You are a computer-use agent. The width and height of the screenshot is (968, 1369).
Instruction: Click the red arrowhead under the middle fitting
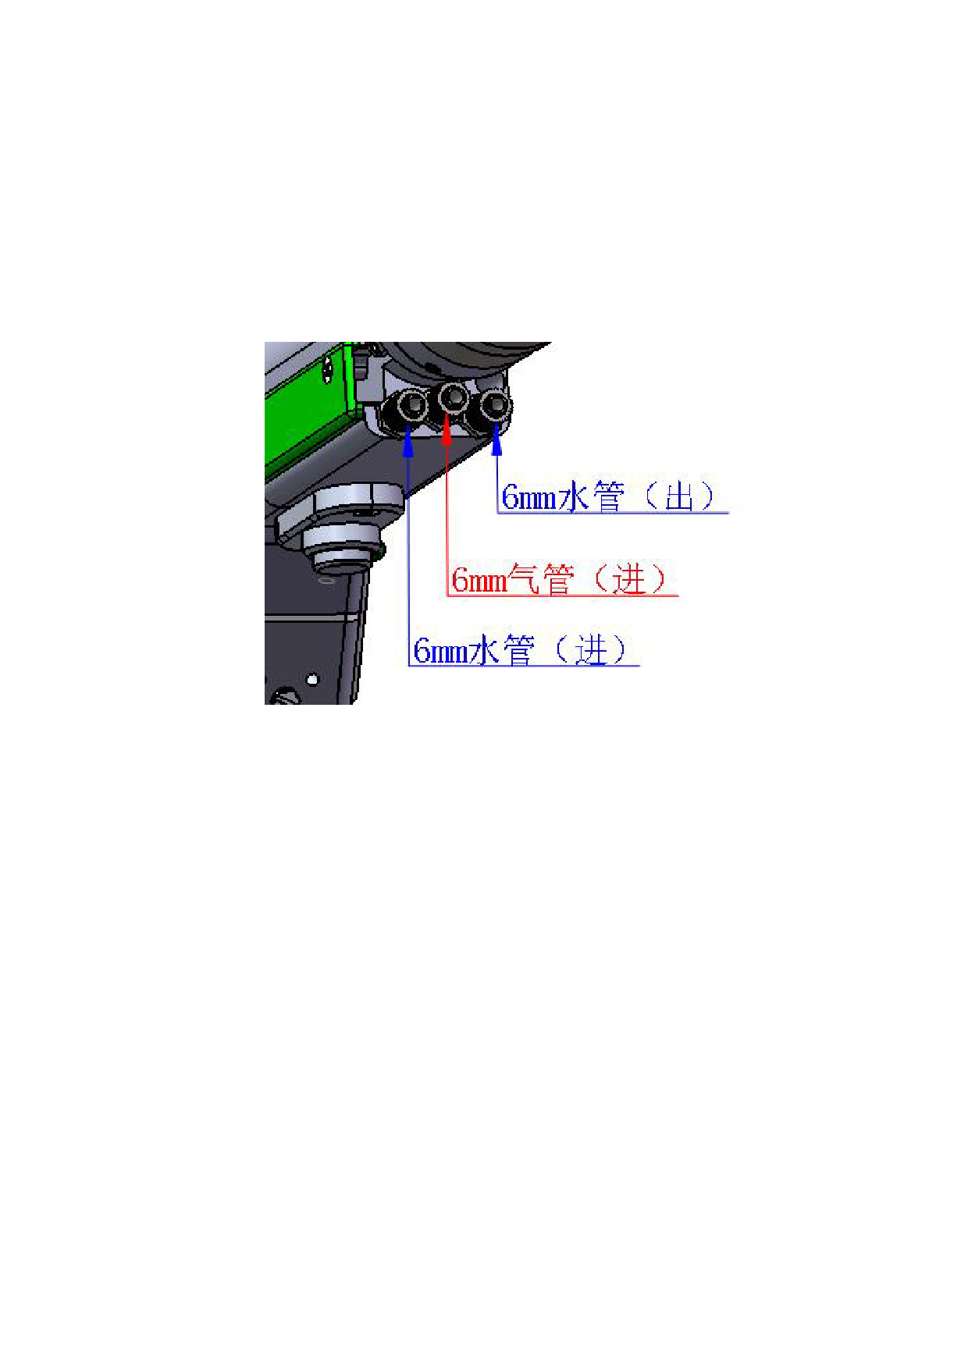[447, 432]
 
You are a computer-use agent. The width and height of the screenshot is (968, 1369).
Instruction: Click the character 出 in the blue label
[679, 497]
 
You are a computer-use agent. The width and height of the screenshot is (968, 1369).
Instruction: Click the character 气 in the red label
[523, 579]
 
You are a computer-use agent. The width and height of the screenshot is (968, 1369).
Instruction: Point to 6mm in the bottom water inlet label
[441, 651]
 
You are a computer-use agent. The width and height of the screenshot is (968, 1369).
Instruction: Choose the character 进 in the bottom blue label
[590, 650]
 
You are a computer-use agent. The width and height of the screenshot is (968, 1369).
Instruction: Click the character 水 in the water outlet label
[573, 497]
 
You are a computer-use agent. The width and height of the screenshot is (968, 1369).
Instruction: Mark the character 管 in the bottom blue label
[518, 650]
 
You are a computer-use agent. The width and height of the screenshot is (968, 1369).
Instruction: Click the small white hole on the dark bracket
[313, 680]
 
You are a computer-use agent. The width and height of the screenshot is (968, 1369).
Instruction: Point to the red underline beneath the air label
[563, 596]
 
